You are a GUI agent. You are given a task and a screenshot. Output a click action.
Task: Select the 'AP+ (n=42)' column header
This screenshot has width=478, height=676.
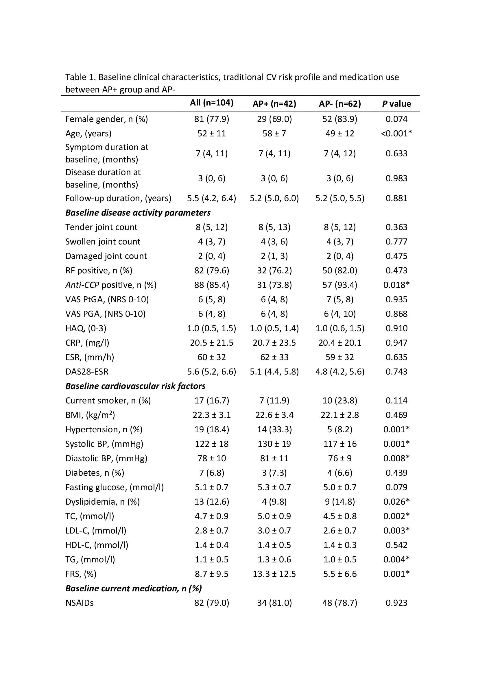click(274, 104)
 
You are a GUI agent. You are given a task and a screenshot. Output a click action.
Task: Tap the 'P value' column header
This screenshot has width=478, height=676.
click(396, 104)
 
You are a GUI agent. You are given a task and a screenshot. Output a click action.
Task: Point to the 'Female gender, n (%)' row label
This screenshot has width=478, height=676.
click(107, 119)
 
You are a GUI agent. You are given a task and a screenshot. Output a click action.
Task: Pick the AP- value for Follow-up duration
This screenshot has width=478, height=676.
click(340, 198)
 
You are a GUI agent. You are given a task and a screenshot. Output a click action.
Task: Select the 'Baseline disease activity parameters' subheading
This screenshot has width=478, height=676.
click(138, 213)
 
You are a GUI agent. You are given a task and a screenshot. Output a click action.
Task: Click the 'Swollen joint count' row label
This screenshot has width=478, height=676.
click(103, 241)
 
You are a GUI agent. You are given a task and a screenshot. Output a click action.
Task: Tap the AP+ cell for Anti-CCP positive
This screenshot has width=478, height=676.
click(274, 285)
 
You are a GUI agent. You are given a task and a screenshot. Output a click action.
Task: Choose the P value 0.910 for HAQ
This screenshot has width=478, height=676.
click(396, 328)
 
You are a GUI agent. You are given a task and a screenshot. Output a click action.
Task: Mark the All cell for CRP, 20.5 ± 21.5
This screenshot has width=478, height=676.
click(211, 342)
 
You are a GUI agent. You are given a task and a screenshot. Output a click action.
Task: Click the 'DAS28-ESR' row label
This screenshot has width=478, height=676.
click(87, 371)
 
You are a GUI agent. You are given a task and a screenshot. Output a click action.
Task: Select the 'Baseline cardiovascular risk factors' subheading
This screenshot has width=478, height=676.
click(135, 386)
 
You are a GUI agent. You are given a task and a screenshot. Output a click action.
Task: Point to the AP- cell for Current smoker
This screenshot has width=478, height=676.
click(340, 400)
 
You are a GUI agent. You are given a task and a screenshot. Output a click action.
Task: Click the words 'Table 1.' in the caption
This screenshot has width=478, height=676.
click(80, 77)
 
